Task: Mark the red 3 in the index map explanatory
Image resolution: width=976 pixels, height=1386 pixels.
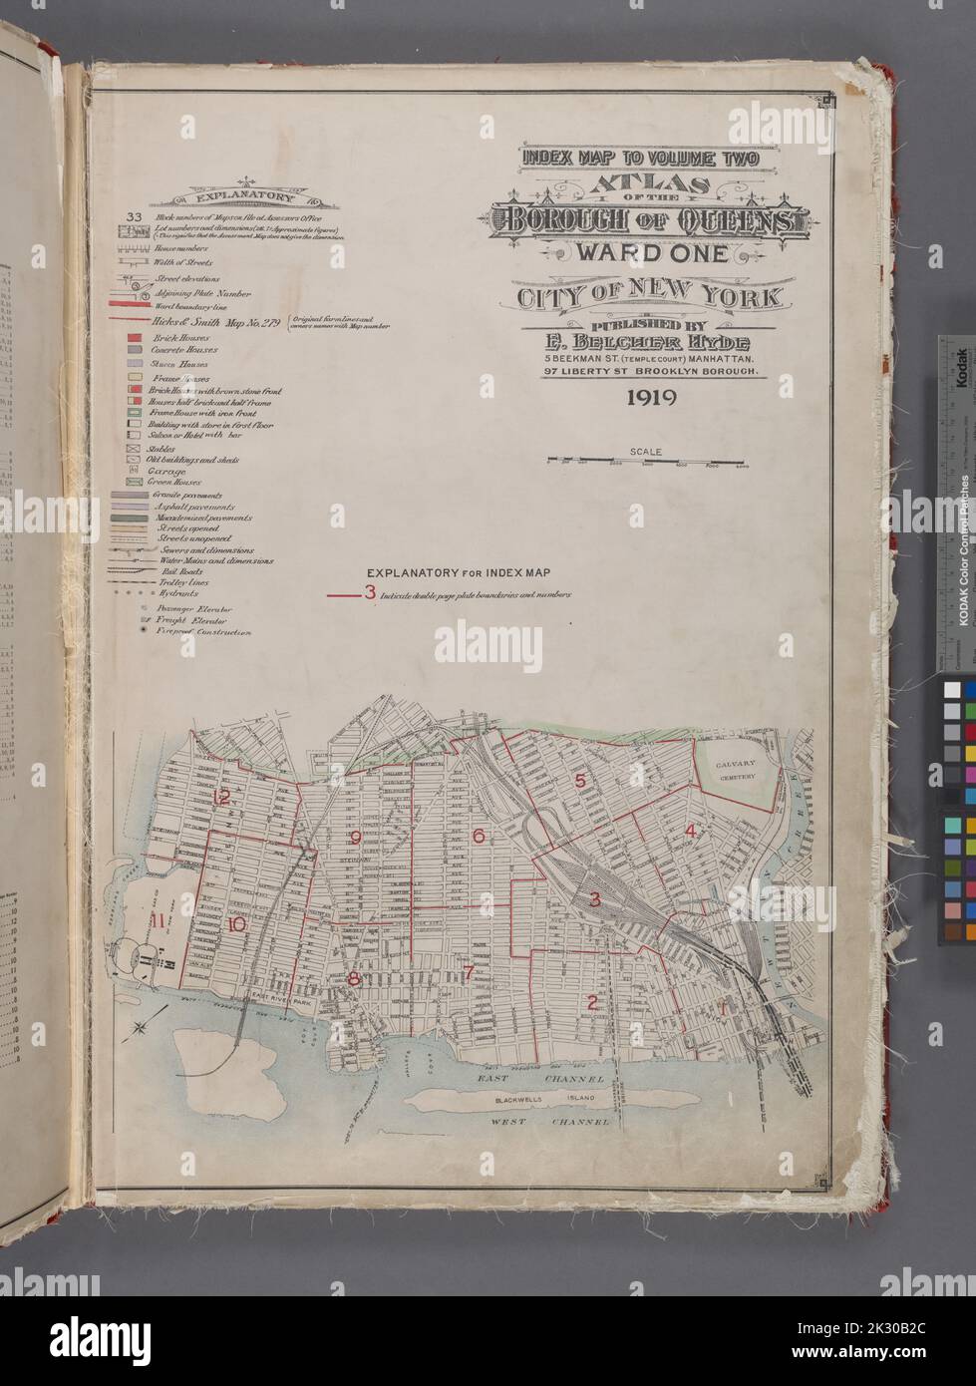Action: pyautogui.click(x=370, y=593)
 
